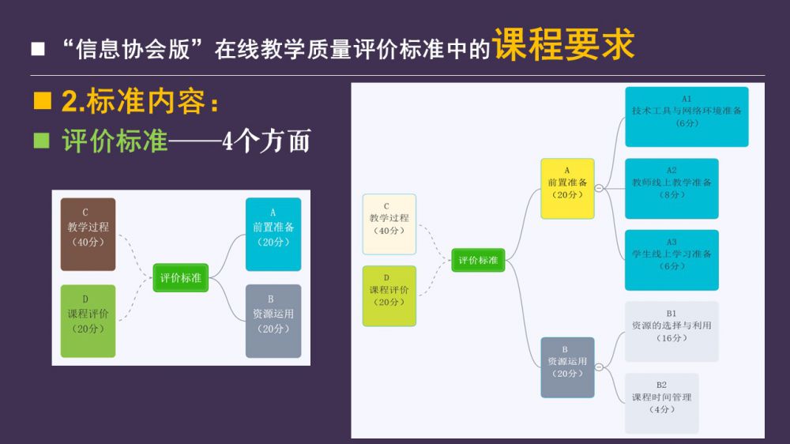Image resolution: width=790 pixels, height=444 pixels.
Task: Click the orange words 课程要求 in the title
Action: (x=563, y=45)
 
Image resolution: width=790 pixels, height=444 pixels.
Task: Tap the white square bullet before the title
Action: (x=38, y=49)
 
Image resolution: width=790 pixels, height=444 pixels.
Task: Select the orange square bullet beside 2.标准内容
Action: (x=43, y=101)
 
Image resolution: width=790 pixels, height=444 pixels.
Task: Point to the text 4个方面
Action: (x=266, y=141)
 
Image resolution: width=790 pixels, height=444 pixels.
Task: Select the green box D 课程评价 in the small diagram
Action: (x=88, y=321)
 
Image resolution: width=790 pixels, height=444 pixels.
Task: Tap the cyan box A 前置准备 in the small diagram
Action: (x=273, y=235)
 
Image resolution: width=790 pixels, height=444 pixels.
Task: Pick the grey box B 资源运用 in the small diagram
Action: (x=273, y=321)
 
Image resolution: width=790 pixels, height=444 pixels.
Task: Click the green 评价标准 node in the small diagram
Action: (x=180, y=277)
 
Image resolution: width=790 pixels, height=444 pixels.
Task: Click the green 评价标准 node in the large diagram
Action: (x=478, y=260)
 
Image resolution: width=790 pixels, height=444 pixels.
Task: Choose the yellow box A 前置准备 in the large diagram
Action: (x=567, y=188)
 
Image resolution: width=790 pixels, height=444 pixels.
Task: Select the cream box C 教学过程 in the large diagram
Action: (x=389, y=224)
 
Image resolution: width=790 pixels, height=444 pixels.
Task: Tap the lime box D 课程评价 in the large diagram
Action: (x=389, y=295)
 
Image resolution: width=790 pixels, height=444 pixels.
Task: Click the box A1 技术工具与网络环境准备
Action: (x=687, y=117)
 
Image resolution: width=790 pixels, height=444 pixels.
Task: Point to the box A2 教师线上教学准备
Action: (x=671, y=188)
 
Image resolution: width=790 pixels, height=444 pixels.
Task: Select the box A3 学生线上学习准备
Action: (x=671, y=260)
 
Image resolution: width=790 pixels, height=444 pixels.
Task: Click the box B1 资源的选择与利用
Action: (x=671, y=331)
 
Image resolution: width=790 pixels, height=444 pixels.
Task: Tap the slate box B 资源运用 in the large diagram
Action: (x=567, y=367)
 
